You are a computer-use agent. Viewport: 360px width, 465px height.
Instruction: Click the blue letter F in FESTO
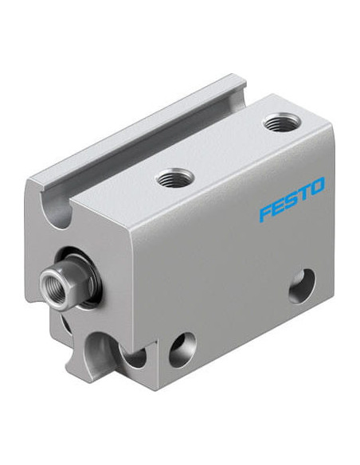266,212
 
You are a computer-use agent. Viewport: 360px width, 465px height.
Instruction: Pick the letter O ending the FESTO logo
316,187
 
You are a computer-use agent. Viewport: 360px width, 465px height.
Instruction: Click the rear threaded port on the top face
282,122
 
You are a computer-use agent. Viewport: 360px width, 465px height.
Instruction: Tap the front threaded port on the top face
175,178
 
